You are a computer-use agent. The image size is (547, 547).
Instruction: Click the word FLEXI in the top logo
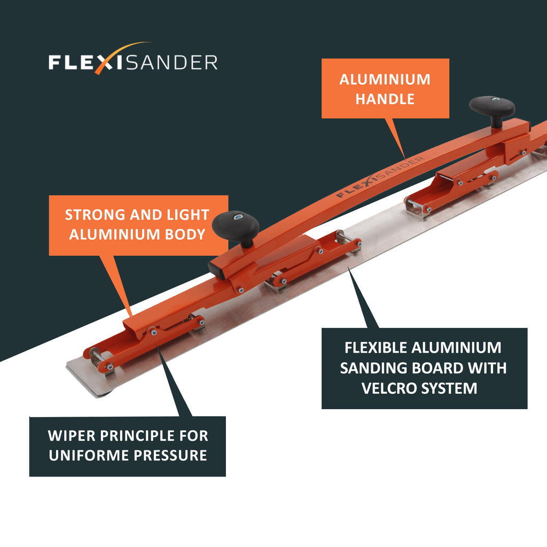85,63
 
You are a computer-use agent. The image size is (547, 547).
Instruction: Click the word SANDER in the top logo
171,63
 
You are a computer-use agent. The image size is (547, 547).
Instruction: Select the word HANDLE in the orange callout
385,99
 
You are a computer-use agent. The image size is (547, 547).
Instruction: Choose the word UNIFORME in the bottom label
89,456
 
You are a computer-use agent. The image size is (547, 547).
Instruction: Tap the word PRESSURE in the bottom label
170,456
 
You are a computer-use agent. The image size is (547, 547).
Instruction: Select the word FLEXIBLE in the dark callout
375,348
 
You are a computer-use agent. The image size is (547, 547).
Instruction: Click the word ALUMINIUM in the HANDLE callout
385,80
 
